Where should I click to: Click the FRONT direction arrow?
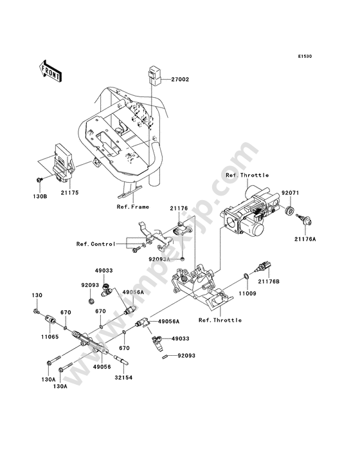[x=50, y=71]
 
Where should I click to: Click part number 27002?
[x=180, y=80]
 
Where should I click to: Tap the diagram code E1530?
[x=305, y=56]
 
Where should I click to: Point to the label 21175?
[x=69, y=192]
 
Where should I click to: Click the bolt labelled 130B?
[x=39, y=180]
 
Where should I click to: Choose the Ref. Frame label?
[x=133, y=207]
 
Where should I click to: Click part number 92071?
[x=290, y=193]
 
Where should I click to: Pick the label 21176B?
[x=269, y=281]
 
